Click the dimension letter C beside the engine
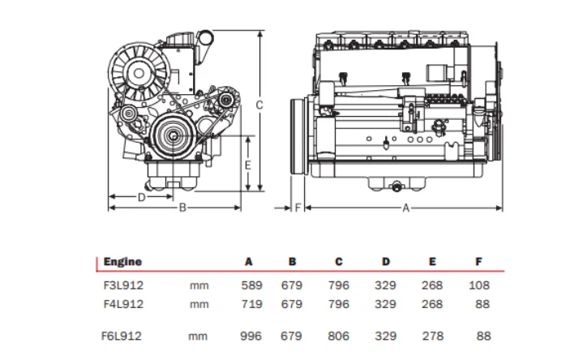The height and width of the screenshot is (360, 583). click(259, 105)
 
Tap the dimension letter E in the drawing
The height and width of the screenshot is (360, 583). click(249, 165)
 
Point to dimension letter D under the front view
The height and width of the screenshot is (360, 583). click(141, 196)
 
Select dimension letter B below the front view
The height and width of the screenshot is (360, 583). click(183, 208)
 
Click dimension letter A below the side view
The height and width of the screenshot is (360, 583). click(405, 208)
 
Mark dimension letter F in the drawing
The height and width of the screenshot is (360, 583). click(298, 208)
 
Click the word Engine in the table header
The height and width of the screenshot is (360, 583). click(122, 261)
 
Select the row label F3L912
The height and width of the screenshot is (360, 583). click(123, 285)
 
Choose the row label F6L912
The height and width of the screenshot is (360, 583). click(123, 335)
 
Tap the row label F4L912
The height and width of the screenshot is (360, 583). click(123, 304)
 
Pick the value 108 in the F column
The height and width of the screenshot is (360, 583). click(479, 285)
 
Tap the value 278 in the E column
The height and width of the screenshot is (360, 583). click(432, 335)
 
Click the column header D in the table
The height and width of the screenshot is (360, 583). click(387, 261)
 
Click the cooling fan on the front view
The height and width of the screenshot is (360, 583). click(134, 65)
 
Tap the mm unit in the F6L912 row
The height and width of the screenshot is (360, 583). click(199, 335)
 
